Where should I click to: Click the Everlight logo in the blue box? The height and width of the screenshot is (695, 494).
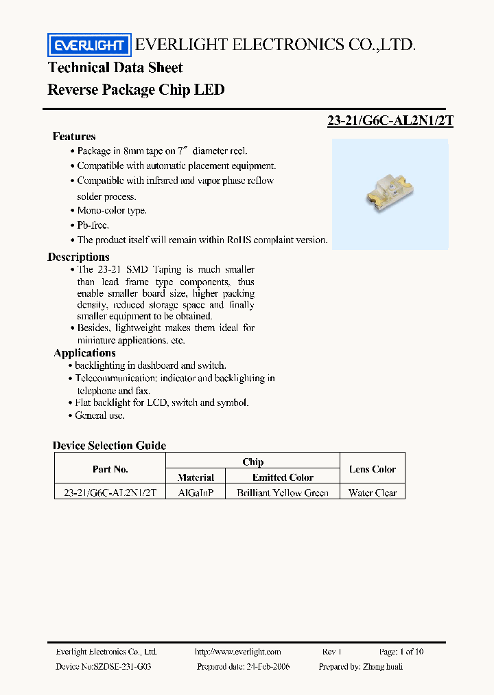click(89, 45)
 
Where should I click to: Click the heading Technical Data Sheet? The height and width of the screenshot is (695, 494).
click(115, 67)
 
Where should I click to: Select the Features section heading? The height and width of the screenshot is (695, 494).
click(74, 136)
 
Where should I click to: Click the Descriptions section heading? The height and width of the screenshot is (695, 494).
click(78, 257)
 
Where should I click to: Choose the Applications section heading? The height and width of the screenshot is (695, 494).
click(85, 353)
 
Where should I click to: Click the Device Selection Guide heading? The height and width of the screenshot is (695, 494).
click(109, 446)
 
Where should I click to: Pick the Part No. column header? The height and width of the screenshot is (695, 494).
click(110, 469)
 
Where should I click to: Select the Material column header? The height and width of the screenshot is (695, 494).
click(196, 477)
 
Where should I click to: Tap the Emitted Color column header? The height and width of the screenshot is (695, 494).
click(283, 477)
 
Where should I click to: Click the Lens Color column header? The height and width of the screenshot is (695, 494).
click(373, 469)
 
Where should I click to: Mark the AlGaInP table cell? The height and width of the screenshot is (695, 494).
click(196, 492)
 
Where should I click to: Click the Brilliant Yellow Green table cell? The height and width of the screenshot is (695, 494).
click(283, 492)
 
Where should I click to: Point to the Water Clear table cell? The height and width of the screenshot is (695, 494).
click(373, 492)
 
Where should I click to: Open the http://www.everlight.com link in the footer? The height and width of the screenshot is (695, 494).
click(238, 652)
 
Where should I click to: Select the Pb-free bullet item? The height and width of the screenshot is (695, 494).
click(93, 225)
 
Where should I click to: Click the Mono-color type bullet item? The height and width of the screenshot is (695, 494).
click(112, 211)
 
